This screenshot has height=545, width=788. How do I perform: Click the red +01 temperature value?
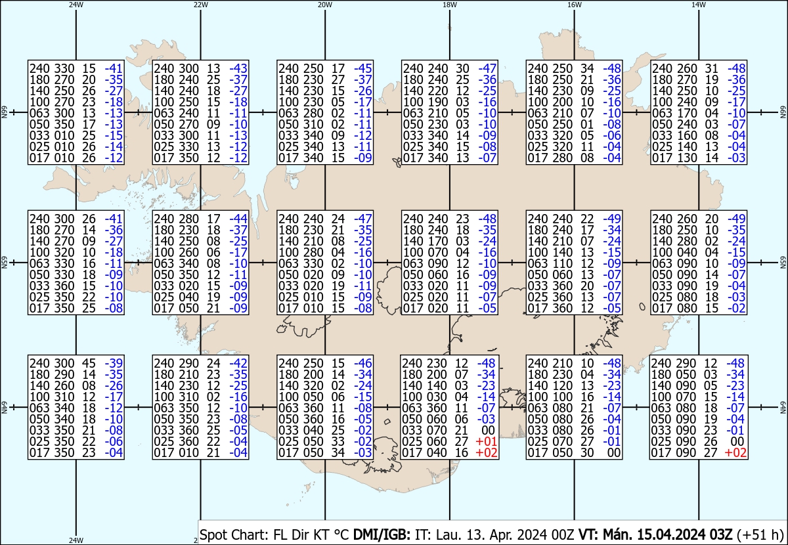pos(486,441)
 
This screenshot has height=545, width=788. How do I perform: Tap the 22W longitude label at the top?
pos(200,5)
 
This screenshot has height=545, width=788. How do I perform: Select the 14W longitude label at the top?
pos(699,5)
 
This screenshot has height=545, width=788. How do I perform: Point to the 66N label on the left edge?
pos(4,112)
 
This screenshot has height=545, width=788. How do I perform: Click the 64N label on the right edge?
pos(783,407)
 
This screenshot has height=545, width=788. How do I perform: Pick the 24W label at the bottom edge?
pos(76,540)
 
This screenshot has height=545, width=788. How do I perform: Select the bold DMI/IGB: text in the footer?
pos(382,534)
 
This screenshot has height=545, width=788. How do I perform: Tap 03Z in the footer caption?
pos(721,534)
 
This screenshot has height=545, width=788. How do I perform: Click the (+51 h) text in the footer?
pos(760,534)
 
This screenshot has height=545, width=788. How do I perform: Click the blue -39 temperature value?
pos(114,363)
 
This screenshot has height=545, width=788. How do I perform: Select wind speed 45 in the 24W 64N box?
pos(89,363)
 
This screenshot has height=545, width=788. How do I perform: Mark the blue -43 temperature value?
pos(238,68)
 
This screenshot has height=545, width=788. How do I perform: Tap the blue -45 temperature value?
pos(363,68)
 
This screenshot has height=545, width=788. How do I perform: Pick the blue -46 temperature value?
pos(363,363)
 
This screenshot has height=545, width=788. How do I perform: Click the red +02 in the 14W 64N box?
pos(735,452)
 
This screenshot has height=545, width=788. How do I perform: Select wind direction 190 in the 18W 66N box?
pos(437,102)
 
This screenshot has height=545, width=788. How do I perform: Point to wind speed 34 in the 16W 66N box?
pos(587,68)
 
